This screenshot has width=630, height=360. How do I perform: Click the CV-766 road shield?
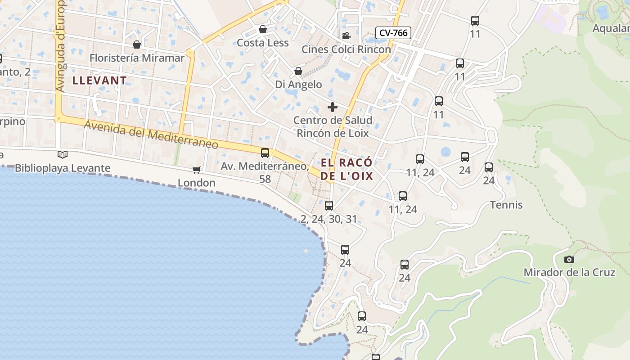[x=393, y=32]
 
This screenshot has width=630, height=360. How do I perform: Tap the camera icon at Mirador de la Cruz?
[x=569, y=259]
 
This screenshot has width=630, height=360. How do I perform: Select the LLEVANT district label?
[x=99, y=81]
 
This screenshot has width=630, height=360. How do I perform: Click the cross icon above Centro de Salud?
[x=333, y=107]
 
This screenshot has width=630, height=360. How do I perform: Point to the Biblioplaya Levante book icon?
[x=63, y=154]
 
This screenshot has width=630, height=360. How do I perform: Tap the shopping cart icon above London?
[x=196, y=170]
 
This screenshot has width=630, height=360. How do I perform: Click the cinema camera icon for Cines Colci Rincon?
[x=346, y=36]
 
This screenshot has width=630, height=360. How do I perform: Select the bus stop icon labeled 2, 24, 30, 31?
[x=329, y=206]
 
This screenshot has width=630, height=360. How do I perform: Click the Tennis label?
[x=506, y=205]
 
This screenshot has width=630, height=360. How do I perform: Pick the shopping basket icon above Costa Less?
[x=263, y=30]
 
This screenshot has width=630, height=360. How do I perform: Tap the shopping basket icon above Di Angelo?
[x=298, y=72]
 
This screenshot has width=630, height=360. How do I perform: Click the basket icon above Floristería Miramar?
[x=137, y=45]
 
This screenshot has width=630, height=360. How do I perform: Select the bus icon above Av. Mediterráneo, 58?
[x=265, y=153]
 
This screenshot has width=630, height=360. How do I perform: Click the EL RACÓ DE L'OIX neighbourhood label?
[x=346, y=169]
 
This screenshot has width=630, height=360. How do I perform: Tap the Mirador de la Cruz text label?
[x=569, y=272]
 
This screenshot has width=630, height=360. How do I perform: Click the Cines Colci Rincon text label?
[x=346, y=49]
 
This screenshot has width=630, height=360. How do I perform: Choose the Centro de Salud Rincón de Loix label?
[x=333, y=126]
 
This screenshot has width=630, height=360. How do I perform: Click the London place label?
[x=197, y=183]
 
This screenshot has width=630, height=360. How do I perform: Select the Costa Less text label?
[x=263, y=43]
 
